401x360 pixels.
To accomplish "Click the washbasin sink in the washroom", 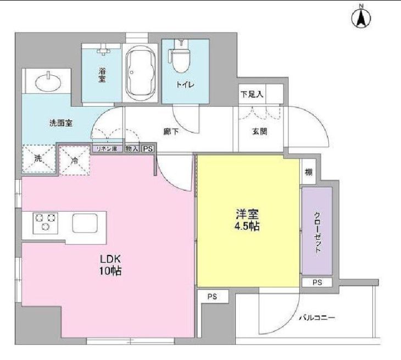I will pyautogui.click(x=46, y=82).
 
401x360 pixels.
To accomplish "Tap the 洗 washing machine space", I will pyautogui.click(x=38, y=159).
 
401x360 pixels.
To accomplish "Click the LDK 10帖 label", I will pyautogui.click(x=110, y=264).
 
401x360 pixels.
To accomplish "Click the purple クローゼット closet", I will pyautogui.click(x=317, y=231).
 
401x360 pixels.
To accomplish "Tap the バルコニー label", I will pyautogui.click(x=317, y=318).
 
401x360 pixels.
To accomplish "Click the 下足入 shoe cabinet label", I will pyautogui.click(x=252, y=94).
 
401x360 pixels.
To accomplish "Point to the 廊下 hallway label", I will pyautogui.click(x=170, y=132).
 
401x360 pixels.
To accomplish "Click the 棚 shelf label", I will pyautogui.click(x=308, y=173).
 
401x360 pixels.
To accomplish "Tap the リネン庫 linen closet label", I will pyautogui.click(x=107, y=149).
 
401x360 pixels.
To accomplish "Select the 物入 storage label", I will pyautogui.click(x=132, y=149).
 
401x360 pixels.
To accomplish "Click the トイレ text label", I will pyautogui.click(x=183, y=85).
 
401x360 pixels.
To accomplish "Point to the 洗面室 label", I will pyautogui.click(x=60, y=124).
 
